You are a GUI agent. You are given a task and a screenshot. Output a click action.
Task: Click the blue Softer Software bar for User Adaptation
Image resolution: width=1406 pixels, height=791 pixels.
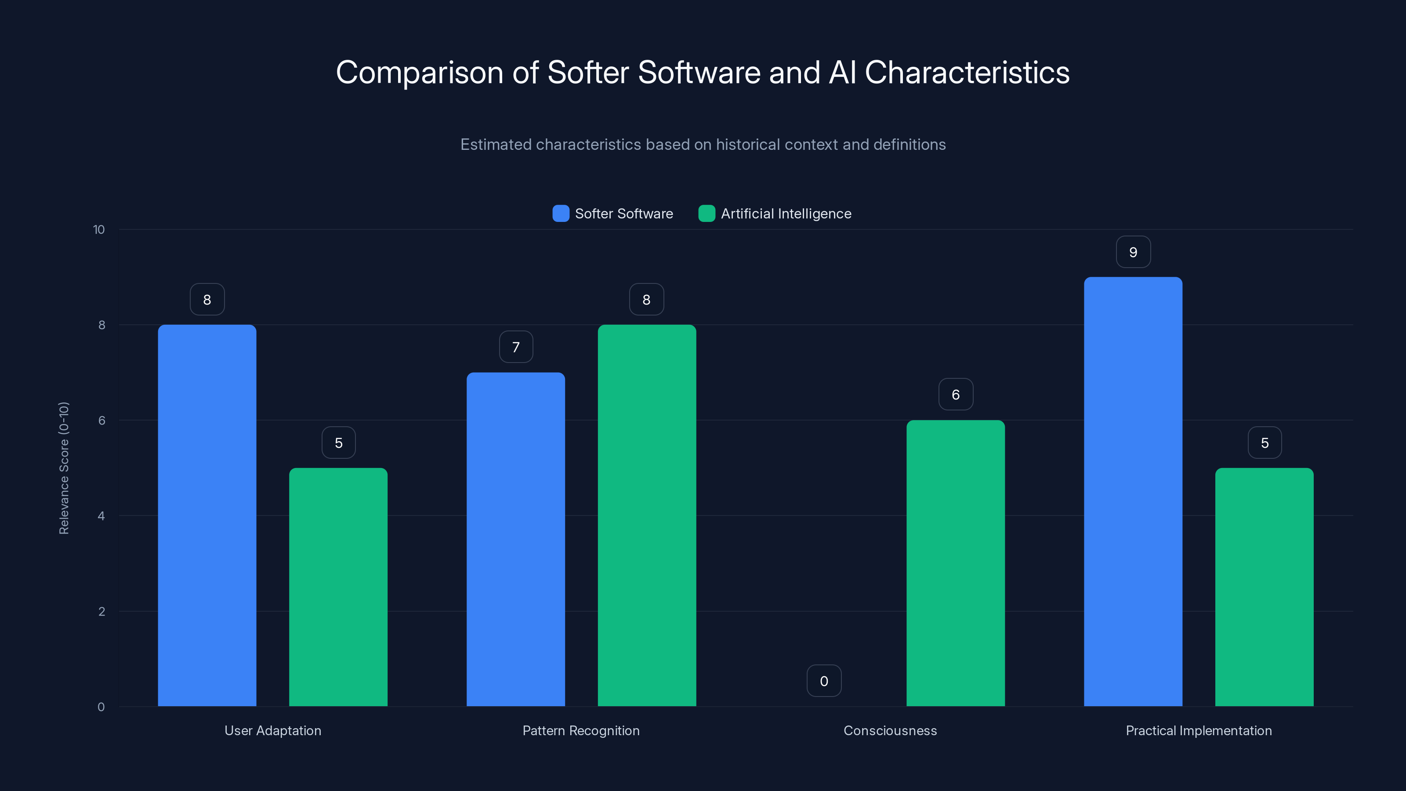point(207,515)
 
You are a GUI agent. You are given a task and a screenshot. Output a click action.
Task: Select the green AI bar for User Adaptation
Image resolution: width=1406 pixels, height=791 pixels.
point(338,587)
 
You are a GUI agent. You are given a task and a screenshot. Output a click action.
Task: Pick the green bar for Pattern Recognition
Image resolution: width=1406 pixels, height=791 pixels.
point(647,515)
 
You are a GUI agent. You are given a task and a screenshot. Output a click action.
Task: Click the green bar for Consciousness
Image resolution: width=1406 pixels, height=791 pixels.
point(955,563)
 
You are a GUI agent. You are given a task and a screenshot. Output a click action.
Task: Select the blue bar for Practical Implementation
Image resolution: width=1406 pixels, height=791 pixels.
point(1133,491)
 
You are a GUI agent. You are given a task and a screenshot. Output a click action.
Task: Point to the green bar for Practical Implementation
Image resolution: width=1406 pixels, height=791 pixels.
point(1264,587)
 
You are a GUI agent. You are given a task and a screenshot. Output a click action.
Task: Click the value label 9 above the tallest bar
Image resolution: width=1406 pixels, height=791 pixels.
point(1133,252)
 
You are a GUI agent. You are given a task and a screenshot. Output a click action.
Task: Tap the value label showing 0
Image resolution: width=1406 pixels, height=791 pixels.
point(824,681)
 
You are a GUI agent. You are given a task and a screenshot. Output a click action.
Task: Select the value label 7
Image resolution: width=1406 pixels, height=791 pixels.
point(516,347)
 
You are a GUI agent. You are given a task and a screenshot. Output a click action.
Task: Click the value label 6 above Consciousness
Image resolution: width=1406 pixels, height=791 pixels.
point(955,395)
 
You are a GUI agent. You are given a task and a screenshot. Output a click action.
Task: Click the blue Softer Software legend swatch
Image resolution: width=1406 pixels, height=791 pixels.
point(561,214)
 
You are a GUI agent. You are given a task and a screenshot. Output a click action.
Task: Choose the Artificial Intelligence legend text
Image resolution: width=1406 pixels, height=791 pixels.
point(786,214)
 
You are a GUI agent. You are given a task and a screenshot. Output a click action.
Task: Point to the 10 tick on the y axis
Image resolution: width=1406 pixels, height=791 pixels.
point(99,230)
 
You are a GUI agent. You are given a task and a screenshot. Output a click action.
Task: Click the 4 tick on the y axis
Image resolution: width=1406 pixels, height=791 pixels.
point(101,516)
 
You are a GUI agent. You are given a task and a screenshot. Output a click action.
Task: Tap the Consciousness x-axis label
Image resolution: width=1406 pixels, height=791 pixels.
point(890,730)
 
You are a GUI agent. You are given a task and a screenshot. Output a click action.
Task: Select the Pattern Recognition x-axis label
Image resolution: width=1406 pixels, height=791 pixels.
point(581,730)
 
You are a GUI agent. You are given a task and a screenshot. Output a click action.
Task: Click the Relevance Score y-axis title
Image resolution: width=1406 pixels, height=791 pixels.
point(64,468)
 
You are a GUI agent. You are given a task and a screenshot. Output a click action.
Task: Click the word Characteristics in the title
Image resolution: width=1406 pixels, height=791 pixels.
point(967,73)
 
